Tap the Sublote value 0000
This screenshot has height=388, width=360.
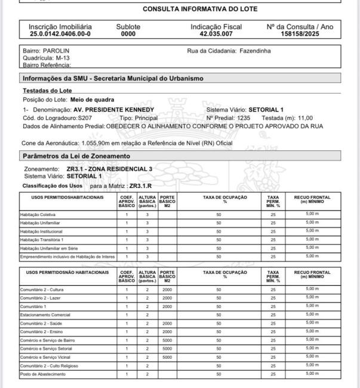(x=128, y=35)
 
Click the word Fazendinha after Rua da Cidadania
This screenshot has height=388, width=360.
(x=255, y=51)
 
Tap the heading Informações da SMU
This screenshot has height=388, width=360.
(x=112, y=79)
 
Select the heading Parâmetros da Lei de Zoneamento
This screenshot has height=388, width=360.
(x=76, y=156)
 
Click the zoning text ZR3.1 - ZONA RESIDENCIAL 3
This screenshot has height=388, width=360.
(x=109, y=169)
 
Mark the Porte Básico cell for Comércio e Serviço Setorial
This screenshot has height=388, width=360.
(x=167, y=348)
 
